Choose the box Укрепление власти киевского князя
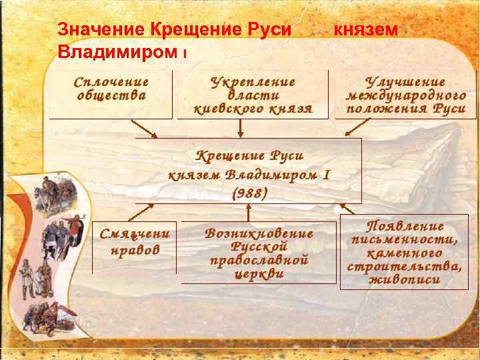pyautogui.click(x=253, y=94)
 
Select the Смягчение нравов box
pyautogui.click(x=134, y=243)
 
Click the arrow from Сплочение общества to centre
pyautogui.click(x=144, y=129)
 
